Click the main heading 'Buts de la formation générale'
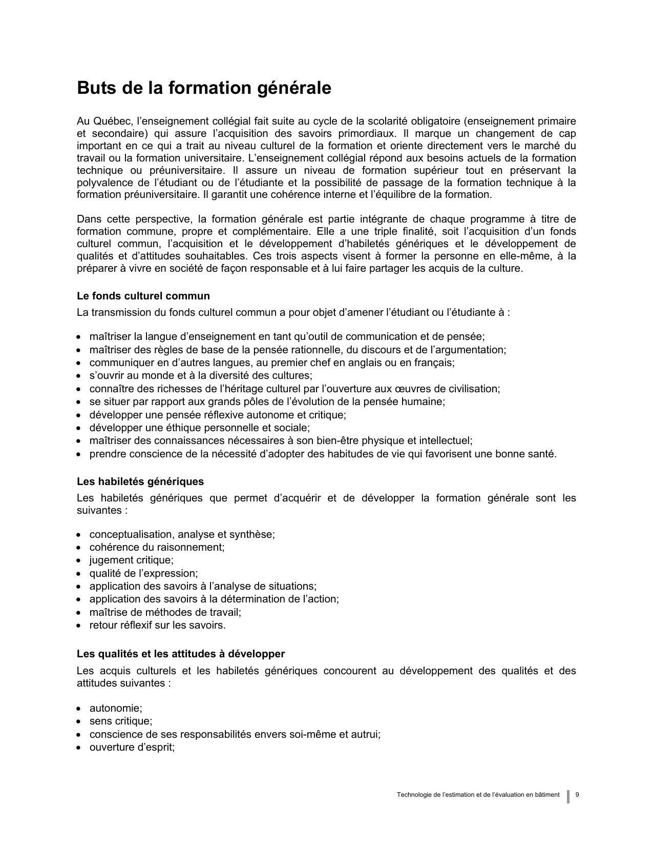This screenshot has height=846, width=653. pos(204,88)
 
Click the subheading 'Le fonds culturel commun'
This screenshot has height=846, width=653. pos(143,296)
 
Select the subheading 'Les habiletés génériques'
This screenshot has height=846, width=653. pos(140,481)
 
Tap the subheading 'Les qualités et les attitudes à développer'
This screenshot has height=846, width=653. pos(181,654)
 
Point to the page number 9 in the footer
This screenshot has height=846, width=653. pos(578,795)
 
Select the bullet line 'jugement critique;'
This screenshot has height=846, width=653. pos(131,560)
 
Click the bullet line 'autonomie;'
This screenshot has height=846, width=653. pos(116,708)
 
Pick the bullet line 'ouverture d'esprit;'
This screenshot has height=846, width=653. pos(132,747)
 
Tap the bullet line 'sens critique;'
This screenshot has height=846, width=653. pos(121,721)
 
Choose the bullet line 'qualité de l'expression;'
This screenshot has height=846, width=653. pos(143,573)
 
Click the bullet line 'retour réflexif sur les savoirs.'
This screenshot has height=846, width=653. pos(157,625)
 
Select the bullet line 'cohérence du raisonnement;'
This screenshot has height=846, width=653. pos(157,547)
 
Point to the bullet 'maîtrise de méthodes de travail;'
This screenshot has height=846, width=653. pos(165,612)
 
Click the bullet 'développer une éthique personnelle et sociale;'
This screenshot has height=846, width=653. pos(200,428)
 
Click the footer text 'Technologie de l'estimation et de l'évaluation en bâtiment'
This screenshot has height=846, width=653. pos(478,795)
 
